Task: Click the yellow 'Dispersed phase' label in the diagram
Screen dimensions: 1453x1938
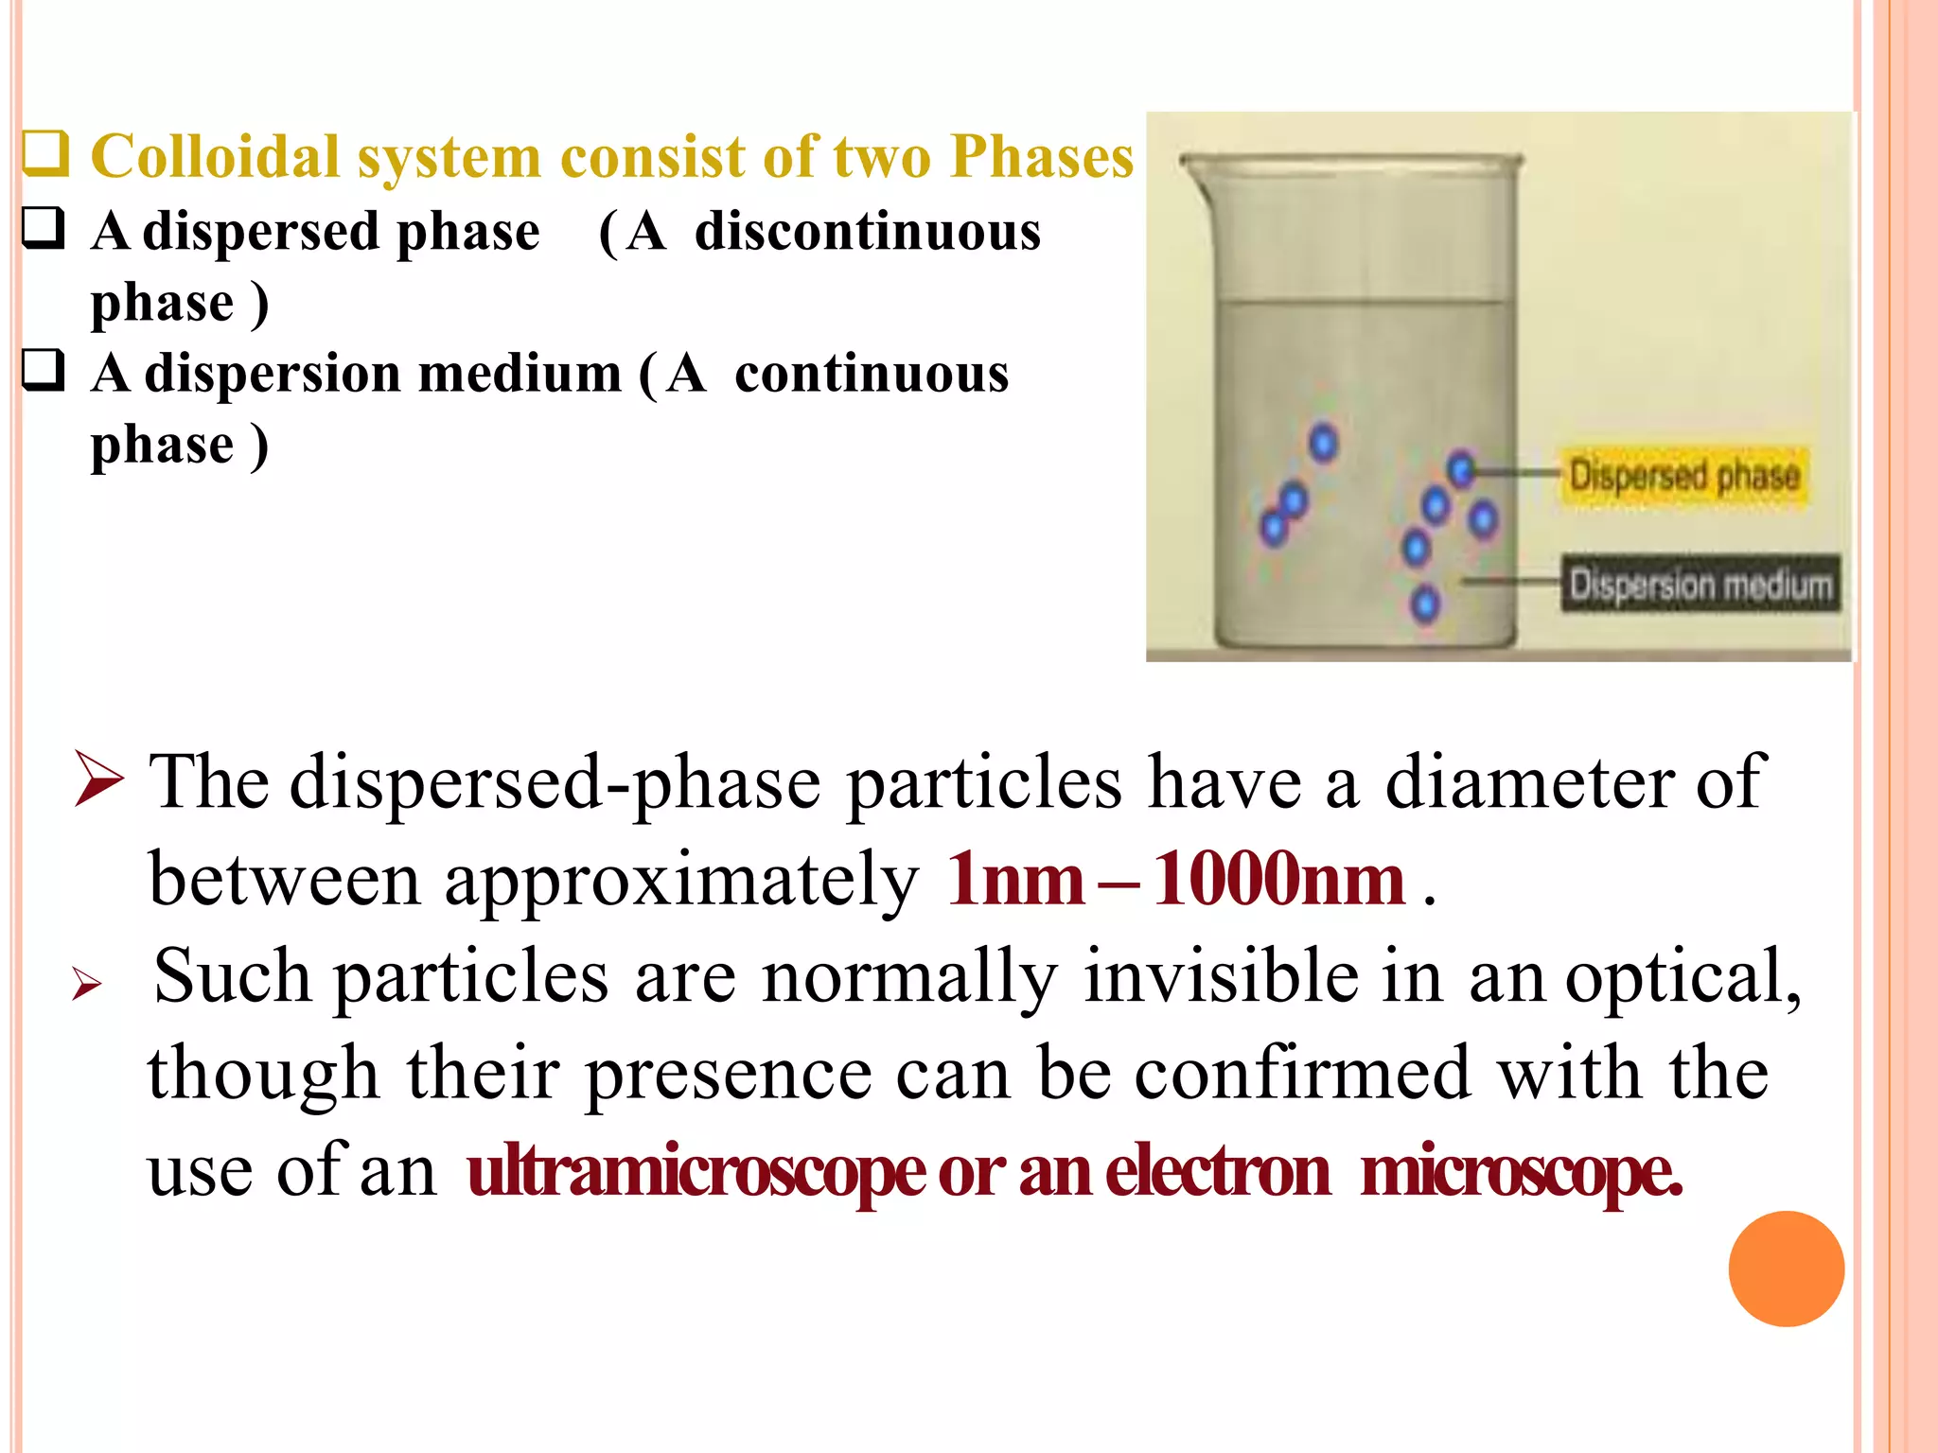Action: click(x=1683, y=476)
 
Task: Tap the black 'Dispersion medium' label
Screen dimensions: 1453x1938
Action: click(x=1700, y=585)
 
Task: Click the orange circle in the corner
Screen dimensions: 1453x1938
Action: click(x=1786, y=1269)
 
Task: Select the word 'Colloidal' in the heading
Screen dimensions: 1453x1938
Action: click(x=215, y=156)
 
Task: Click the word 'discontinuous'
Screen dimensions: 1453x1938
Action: click(x=867, y=232)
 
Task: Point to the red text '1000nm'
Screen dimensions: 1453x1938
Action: click(x=1278, y=880)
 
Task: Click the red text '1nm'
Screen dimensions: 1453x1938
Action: click(x=1014, y=880)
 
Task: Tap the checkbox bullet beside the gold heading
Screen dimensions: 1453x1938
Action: click(x=44, y=154)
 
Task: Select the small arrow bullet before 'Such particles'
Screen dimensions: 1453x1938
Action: click(x=86, y=985)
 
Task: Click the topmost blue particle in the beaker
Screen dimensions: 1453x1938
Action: click(x=1323, y=442)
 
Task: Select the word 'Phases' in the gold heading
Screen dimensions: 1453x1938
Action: click(x=1041, y=156)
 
